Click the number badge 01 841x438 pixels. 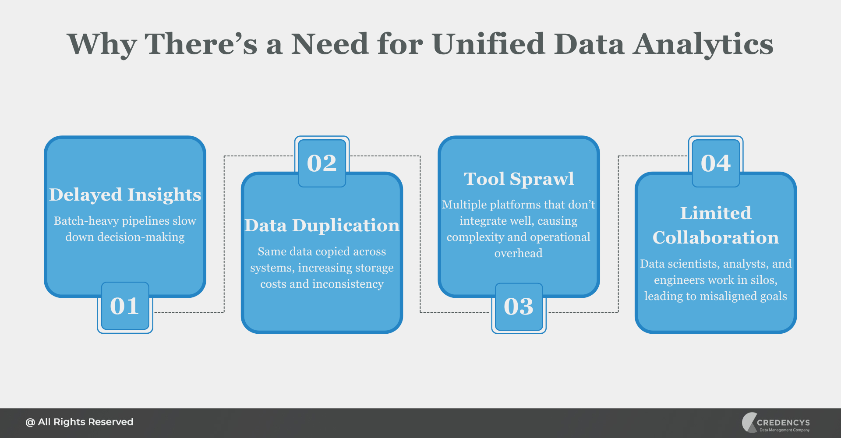point(125,306)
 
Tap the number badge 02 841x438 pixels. point(322,163)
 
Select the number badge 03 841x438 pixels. point(519,307)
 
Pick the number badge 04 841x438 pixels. point(716,163)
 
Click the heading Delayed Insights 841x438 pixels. point(125,195)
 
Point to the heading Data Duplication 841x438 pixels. point(322,226)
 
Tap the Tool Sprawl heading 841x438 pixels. point(519,179)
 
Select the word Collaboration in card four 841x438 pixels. point(716,238)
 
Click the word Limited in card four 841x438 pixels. point(716,213)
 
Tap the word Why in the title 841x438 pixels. point(102,44)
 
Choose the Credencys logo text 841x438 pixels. point(783,422)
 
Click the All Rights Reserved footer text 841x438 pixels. point(85,422)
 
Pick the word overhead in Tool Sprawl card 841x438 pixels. point(519,253)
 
